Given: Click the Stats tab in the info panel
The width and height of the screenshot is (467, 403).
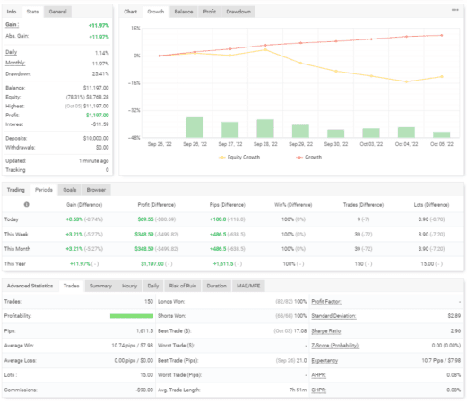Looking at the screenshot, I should [x=32, y=12].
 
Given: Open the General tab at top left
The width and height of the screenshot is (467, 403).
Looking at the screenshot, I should [x=57, y=12].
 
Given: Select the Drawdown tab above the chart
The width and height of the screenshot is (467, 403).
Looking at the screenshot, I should [x=238, y=12].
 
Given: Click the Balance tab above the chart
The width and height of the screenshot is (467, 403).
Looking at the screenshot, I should [x=183, y=12].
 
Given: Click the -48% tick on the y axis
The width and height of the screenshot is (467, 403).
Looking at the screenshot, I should [x=134, y=138].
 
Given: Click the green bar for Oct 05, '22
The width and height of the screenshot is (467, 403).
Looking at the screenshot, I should [x=440, y=134].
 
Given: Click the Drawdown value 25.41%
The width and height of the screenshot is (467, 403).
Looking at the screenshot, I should [x=99, y=75].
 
